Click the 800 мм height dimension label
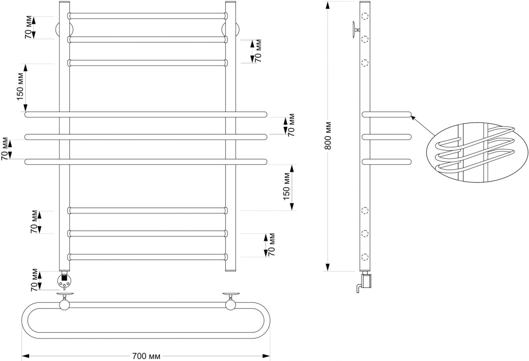point(328,136)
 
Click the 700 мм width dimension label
point(146,356)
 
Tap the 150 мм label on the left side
point(21,87)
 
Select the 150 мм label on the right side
point(287,186)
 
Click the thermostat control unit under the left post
point(64,280)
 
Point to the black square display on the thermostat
point(64,278)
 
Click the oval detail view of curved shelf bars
point(477,152)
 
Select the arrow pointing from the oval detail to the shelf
point(423,126)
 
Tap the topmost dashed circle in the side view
point(365,16)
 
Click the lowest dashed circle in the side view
point(365,257)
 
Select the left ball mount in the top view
point(64,305)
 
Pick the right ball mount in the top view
point(231,305)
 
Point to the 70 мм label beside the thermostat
point(35,280)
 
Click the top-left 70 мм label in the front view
point(28,27)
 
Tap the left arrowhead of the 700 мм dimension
point(26,356)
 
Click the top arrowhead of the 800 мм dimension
point(328,5)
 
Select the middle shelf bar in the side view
point(387,137)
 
